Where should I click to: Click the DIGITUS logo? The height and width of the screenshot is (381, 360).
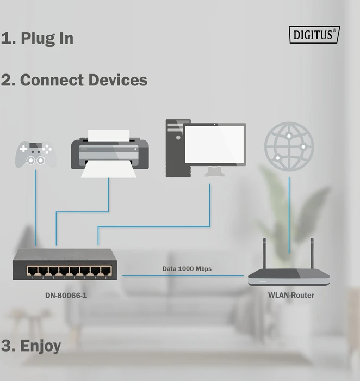[314, 34]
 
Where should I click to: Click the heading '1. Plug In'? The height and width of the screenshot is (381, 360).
[37, 38]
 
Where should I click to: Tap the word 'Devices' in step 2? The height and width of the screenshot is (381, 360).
[118, 80]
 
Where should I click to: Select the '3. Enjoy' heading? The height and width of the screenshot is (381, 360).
[31, 346]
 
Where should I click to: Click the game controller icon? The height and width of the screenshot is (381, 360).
[36, 154]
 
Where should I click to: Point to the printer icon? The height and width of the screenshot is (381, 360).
[110, 153]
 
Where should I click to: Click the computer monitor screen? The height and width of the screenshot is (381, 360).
[214, 144]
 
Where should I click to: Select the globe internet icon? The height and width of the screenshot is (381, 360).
[289, 146]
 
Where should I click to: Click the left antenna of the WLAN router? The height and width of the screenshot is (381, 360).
[265, 253]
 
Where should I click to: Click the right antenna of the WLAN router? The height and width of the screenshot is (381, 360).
[312, 253]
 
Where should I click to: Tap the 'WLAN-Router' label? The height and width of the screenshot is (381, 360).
[291, 295]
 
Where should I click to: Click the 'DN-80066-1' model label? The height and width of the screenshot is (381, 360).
[66, 296]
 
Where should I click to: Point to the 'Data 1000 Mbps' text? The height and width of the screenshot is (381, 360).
[187, 269]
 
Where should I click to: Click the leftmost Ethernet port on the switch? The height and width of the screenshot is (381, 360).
[32, 271]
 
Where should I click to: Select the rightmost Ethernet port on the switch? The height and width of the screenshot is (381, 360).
[106, 271]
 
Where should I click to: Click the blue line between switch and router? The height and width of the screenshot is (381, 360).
[183, 276]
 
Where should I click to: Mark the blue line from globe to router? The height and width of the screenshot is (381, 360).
[289, 216]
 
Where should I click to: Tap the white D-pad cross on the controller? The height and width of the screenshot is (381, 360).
[23, 149]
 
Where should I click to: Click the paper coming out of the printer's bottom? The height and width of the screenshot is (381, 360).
[109, 169]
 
